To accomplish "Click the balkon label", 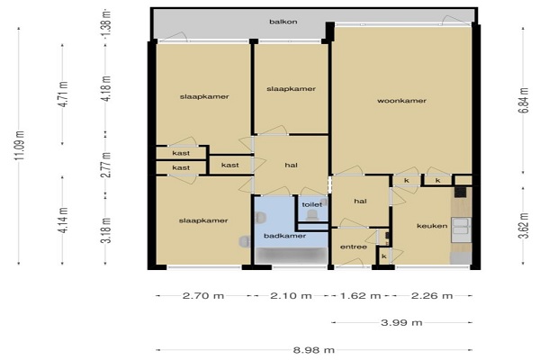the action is pyautogui.click(x=283, y=22).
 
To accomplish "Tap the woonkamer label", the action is pyautogui.click(x=401, y=101).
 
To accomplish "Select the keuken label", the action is pyautogui.click(x=432, y=226).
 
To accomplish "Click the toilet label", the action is pyautogui.click(x=312, y=204).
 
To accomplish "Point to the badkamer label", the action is pyautogui.click(x=284, y=236).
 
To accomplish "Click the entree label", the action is pyautogui.click(x=354, y=247).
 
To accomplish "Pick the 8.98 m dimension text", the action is pyautogui.click(x=314, y=350).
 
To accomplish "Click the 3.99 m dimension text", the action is pyautogui.click(x=401, y=323).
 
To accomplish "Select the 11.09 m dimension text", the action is pyautogui.click(x=19, y=146).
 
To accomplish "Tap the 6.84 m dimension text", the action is pyautogui.click(x=523, y=101).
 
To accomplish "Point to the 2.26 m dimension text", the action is pyautogui.click(x=432, y=295).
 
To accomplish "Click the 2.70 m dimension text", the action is pyautogui.click(x=203, y=295).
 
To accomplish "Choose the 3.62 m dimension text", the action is pyautogui.click(x=523, y=226).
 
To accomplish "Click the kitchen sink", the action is pyautogui.click(x=461, y=226).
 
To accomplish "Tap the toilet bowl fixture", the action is pyautogui.click(x=312, y=215).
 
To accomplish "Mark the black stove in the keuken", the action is pyautogui.click(x=461, y=192).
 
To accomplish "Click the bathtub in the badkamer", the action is pyautogui.click(x=292, y=256).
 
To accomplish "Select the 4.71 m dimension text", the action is pyautogui.click(x=64, y=94).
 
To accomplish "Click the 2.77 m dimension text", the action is pyautogui.click(x=107, y=165).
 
